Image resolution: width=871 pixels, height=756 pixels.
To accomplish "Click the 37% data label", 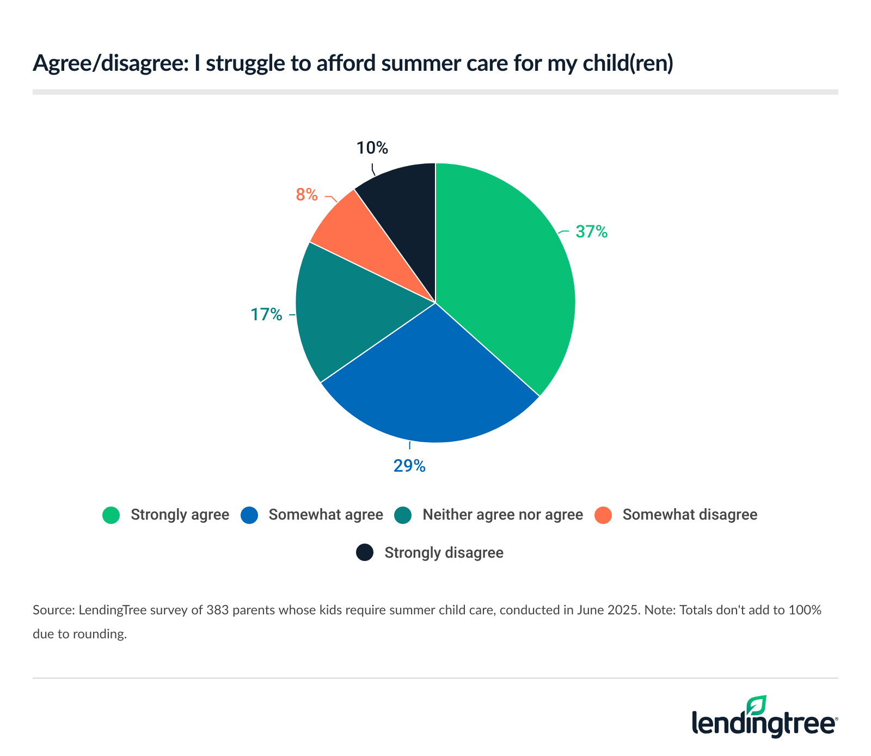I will [591, 232].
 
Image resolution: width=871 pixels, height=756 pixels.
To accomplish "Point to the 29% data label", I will [409, 466].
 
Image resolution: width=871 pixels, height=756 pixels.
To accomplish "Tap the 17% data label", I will [266, 314].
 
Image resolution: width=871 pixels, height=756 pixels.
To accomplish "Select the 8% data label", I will [306, 194].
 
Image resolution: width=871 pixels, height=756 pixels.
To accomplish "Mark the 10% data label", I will [372, 148].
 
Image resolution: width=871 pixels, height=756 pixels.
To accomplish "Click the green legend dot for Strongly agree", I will [111, 515].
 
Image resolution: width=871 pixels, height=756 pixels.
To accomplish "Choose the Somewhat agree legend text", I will [326, 515].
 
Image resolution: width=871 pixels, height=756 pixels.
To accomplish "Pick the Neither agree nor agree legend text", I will [502, 515].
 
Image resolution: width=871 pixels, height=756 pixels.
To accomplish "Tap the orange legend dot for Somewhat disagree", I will [603, 515].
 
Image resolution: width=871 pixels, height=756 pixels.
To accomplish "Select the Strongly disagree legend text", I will [444, 553].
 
